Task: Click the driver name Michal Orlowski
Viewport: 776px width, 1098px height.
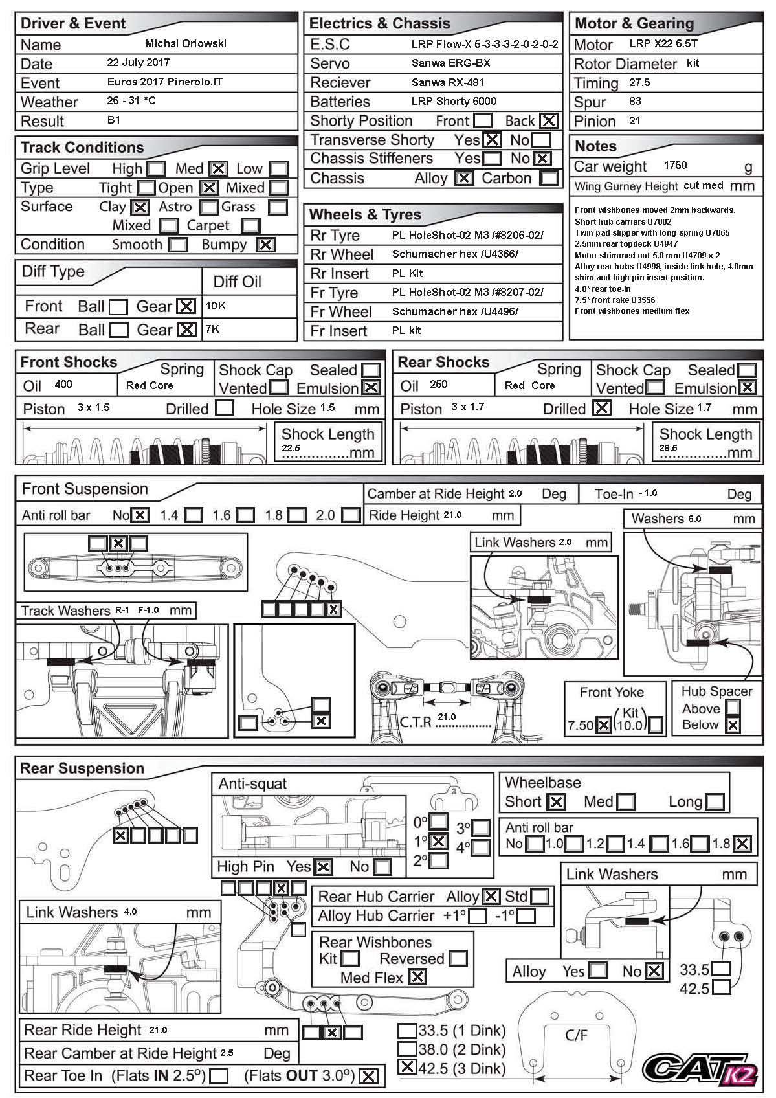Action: tap(186, 44)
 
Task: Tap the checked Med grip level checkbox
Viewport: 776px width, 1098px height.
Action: tap(218, 169)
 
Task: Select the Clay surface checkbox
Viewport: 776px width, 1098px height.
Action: tap(140, 207)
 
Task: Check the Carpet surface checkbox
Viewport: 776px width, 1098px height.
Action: tap(250, 226)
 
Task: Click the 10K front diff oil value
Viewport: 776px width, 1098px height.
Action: tap(215, 306)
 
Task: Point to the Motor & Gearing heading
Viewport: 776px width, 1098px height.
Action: tap(634, 24)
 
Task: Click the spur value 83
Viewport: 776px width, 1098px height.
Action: tap(635, 102)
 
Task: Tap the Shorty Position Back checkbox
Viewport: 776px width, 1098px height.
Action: tap(548, 121)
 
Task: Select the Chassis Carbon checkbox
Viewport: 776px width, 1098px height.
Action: tap(549, 178)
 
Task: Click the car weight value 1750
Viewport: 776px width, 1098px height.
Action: tap(675, 166)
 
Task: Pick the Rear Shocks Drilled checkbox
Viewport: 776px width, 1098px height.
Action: tap(601, 409)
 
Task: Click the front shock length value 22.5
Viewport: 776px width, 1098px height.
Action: tap(291, 448)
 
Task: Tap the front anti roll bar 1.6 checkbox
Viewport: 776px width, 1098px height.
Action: tap(245, 515)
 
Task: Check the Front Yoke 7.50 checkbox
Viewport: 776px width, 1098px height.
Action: tap(603, 725)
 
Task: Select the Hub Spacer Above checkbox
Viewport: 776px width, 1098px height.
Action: tap(733, 709)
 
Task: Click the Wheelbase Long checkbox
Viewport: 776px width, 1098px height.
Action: tap(714, 802)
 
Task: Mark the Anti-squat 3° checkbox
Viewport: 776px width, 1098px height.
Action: tap(481, 828)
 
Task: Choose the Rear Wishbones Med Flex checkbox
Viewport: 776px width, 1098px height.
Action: tap(417, 977)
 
